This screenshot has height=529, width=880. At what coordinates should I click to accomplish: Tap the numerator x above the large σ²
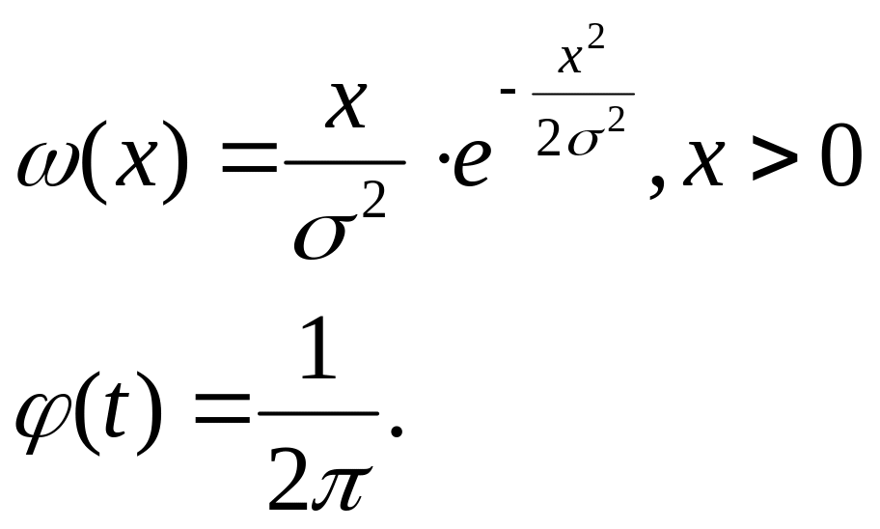click(346, 107)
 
